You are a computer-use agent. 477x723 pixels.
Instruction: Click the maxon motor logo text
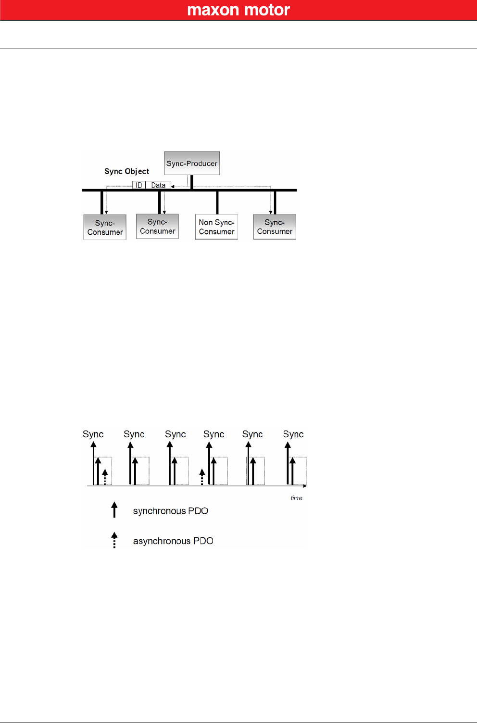point(238,10)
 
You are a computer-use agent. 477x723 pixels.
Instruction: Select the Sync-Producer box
point(192,163)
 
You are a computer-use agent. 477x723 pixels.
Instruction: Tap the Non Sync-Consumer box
point(216,227)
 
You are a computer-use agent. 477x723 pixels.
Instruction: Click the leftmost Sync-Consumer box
point(105,227)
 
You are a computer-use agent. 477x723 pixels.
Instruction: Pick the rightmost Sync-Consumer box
point(275,227)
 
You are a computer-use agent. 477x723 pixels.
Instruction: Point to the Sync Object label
point(126,171)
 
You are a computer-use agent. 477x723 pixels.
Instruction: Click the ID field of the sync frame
point(139,185)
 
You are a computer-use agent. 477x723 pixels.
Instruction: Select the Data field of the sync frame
point(158,185)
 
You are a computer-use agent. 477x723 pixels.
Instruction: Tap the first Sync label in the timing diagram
point(93,434)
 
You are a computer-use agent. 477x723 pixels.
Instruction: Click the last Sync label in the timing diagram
point(293,434)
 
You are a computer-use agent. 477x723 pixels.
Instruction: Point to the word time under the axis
point(296,498)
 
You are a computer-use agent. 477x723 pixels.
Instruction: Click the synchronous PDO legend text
point(171,511)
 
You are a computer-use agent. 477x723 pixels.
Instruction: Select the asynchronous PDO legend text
point(173,541)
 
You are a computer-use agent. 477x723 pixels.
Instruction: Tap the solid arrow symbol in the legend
point(114,509)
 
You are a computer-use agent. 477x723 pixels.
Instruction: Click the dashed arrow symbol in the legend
point(114,540)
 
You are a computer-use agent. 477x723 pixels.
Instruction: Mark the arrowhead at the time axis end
point(305,486)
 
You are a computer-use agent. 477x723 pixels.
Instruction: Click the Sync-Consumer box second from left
point(157,226)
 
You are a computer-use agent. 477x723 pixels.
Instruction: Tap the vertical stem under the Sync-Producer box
point(192,182)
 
